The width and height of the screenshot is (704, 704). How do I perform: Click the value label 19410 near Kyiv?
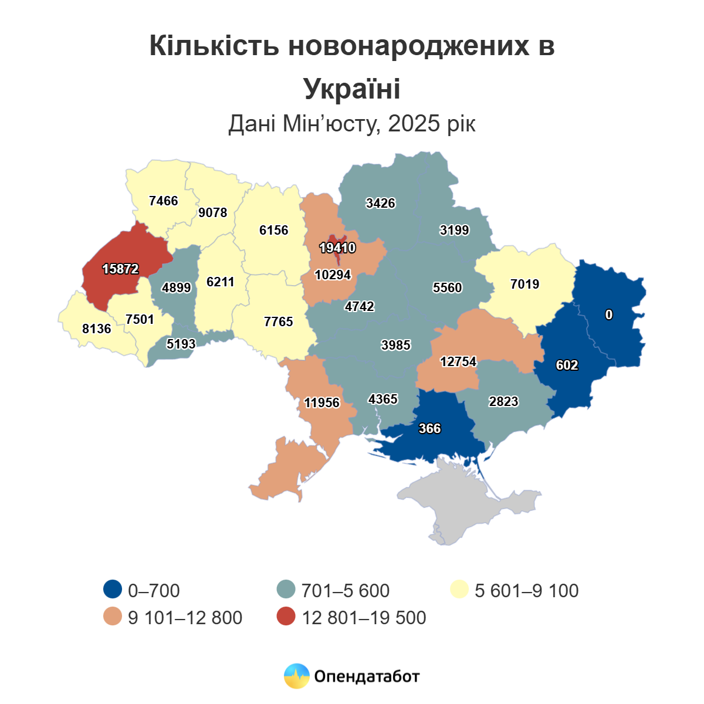click(x=337, y=248)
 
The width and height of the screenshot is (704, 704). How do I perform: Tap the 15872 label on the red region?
click(x=120, y=269)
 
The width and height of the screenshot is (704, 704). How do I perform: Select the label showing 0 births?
click(x=609, y=315)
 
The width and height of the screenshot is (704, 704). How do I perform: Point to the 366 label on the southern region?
click(x=429, y=429)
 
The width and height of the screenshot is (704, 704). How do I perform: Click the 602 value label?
click(x=567, y=365)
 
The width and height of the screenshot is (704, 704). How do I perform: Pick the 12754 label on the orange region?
click(x=458, y=362)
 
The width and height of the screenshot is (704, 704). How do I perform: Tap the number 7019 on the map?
click(x=524, y=285)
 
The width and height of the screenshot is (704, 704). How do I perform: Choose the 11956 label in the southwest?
click(x=322, y=403)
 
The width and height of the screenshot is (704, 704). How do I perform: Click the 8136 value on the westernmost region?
click(x=97, y=329)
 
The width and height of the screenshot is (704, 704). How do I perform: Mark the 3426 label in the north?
click(x=380, y=204)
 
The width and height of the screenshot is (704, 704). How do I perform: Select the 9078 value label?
click(x=212, y=213)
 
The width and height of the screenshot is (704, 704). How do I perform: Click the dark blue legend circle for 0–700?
click(x=112, y=590)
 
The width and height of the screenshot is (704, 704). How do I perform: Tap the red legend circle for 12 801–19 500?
click(x=286, y=617)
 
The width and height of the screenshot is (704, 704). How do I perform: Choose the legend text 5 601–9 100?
click(x=526, y=590)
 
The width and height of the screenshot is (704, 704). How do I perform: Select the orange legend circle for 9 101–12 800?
click(x=112, y=617)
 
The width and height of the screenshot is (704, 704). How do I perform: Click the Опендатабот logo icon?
click(x=296, y=676)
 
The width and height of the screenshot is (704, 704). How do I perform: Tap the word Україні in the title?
click(x=352, y=89)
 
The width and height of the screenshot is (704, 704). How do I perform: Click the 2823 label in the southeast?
click(x=503, y=402)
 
